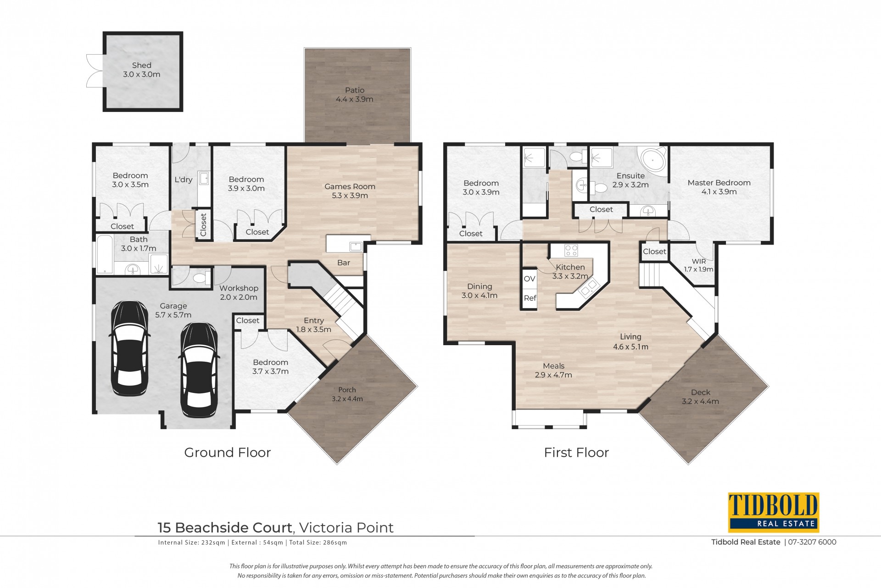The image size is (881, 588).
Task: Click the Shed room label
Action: [141, 70]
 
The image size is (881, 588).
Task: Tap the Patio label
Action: [355, 95]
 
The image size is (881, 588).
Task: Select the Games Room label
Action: [350, 191]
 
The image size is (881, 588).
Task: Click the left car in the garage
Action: [130, 348]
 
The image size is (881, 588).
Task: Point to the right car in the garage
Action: [199, 370]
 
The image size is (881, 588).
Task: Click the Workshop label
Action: [239, 292]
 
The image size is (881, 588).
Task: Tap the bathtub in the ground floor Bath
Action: [105, 255]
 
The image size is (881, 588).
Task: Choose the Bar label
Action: [344, 263]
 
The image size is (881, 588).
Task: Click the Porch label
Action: [347, 394]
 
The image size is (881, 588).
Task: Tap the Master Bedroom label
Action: [719, 187]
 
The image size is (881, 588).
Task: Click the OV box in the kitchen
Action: [530, 279]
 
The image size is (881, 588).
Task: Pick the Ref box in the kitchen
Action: [530, 298]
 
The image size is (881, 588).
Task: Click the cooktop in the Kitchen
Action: [571, 251]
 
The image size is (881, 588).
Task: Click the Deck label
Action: [700, 397]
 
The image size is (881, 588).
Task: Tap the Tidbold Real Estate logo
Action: [774, 512]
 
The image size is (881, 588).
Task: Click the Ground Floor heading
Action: [228, 453]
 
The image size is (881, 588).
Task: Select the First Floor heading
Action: [576, 453]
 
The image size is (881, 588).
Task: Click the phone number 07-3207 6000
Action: [812, 542]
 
